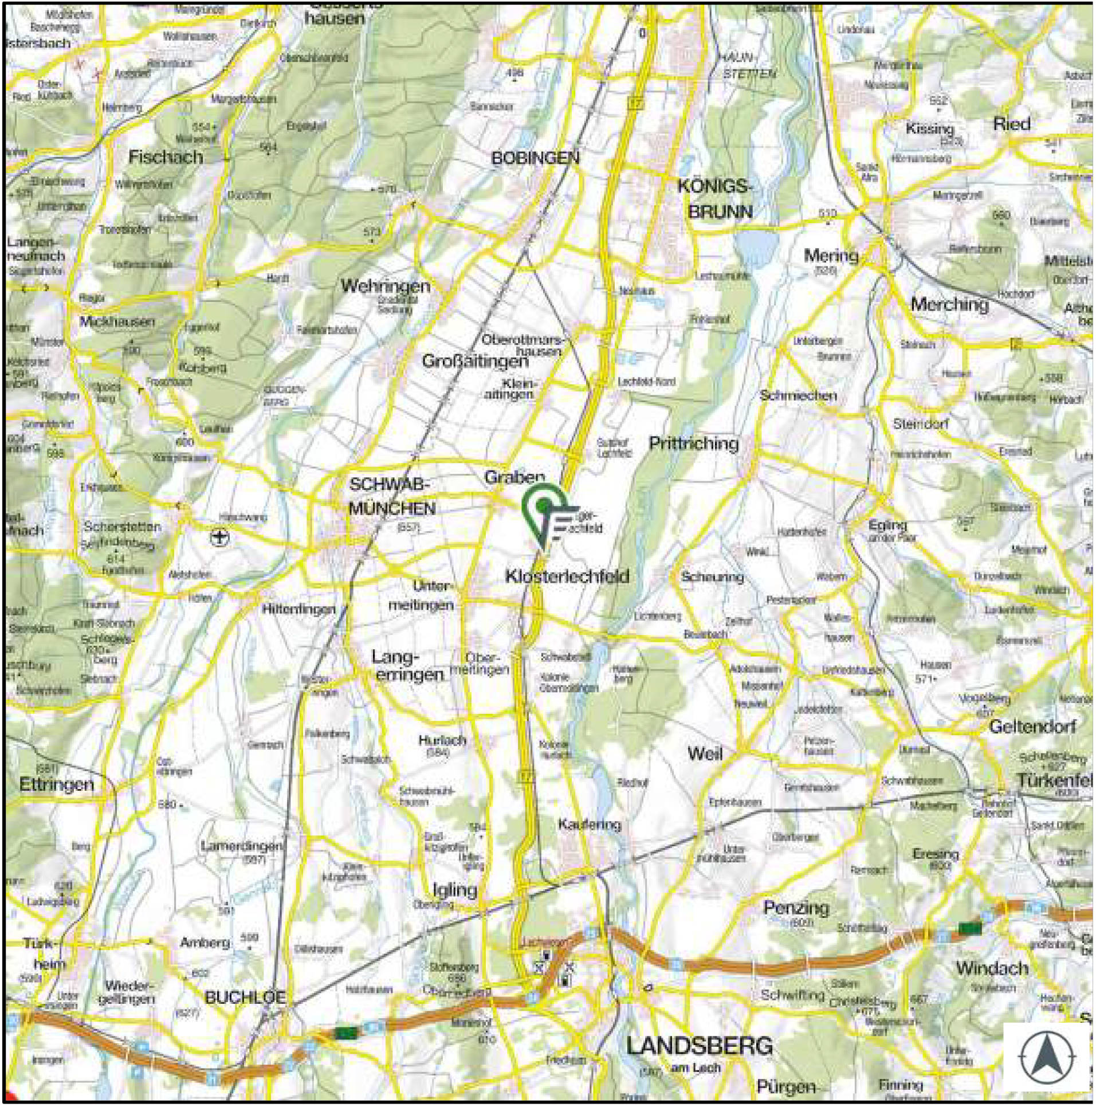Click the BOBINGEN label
(536, 158)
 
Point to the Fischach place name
(166, 157)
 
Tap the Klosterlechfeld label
(567, 576)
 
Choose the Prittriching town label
(693, 443)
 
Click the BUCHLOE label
(245, 998)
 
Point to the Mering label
(831, 256)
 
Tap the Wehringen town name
(386, 286)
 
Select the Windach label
(991, 968)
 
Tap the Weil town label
(705, 754)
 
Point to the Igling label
(454, 890)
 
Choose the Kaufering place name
(590, 825)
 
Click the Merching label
(949, 304)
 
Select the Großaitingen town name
(475, 362)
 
